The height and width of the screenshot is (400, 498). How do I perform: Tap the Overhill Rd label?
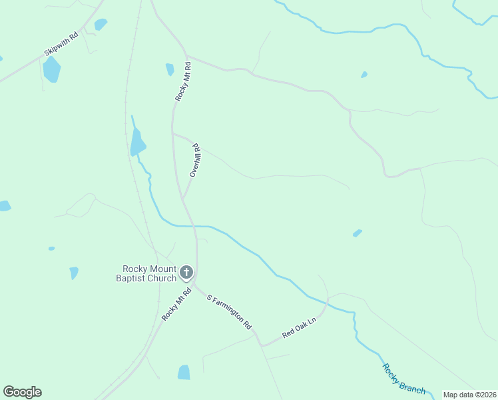click(x=195, y=160)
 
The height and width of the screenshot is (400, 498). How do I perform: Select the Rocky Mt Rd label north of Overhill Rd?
click(x=183, y=81)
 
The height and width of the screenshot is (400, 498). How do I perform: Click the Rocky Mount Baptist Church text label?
click(x=144, y=273)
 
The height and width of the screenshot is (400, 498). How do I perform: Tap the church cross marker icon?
click(x=186, y=272)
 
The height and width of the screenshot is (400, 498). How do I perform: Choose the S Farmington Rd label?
click(x=229, y=312)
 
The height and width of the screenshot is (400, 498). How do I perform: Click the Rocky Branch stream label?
click(x=403, y=379)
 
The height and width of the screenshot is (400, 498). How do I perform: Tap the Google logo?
click(x=23, y=392)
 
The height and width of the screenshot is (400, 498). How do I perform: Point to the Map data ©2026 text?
click(x=470, y=395)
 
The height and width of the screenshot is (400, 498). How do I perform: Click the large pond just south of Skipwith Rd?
click(x=51, y=69)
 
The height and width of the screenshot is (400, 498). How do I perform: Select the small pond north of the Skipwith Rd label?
click(x=101, y=25)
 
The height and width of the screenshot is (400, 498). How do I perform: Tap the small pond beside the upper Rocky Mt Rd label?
click(x=170, y=69)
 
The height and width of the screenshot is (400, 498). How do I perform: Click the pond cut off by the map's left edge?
click(x=4, y=205)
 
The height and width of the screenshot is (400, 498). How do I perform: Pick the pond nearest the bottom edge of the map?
click(x=184, y=372)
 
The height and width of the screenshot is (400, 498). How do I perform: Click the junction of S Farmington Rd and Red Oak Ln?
click(x=262, y=345)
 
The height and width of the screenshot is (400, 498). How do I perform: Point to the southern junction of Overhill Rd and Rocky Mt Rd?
click(x=182, y=199)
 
